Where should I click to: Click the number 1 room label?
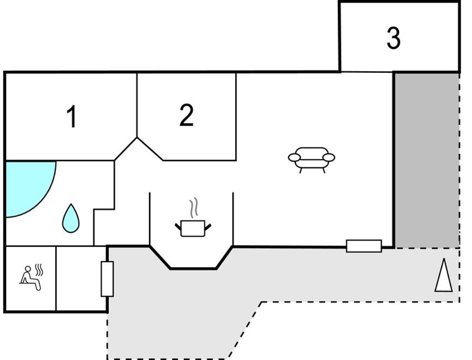coord(72,117)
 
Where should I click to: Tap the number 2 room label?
coord(187,115)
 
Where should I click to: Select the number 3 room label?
coord(394,38)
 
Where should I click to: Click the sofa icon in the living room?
coord(311,160)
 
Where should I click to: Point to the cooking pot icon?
coord(193,229)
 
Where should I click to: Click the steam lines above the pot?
coord(194,208)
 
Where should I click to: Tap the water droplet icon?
coord(71,218)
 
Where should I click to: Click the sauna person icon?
coord(30,278)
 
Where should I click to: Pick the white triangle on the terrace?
coord(443,276)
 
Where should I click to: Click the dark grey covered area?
coord(427,160)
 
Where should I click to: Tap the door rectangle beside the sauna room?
coord(107,279)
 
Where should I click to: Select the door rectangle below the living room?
coord(364,246)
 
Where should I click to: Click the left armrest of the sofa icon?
coord(294,157)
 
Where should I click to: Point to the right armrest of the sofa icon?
coord(328,157)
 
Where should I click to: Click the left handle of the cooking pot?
coord(178,226)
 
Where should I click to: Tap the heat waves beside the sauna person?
coord(39,270)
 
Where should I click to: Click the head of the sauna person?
coord(28,269)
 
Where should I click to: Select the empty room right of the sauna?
coord(81,278)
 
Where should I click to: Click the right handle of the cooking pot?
coord(208,226)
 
